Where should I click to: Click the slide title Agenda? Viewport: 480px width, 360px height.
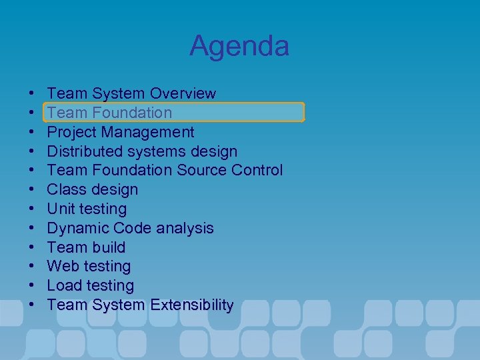(239, 46)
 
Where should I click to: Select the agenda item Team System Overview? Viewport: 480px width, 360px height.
(131, 93)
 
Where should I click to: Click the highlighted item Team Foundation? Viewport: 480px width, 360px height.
(109, 113)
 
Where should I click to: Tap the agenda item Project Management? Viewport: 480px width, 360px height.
(121, 132)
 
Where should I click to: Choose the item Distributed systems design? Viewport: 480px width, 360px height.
(142, 151)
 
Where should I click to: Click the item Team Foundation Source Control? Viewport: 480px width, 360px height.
(165, 171)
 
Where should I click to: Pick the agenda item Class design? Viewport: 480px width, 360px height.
(93, 189)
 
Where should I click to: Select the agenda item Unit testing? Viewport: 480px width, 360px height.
(87, 209)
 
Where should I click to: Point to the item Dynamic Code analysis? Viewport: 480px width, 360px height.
(130, 228)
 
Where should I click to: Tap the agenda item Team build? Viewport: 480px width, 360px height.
(86, 247)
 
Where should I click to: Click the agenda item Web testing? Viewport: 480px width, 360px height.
(89, 267)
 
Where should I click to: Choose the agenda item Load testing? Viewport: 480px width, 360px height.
(90, 286)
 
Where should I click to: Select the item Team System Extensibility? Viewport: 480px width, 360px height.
(140, 305)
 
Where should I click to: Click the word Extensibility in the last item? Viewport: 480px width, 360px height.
(192, 305)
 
